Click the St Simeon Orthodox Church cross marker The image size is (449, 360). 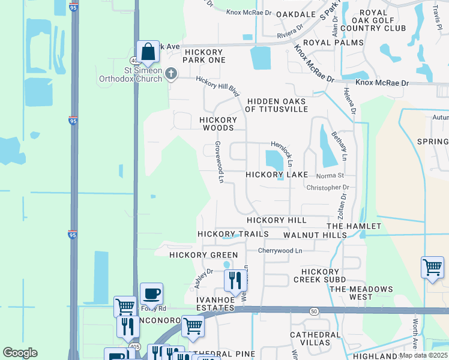click(171, 74)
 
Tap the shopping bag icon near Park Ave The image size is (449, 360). click(148, 52)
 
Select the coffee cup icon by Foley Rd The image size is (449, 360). click(151, 294)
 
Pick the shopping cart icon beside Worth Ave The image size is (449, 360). click(432, 267)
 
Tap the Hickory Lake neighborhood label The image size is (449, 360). click(276, 175)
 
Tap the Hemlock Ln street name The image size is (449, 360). click(282, 154)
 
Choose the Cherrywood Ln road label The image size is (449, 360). click(280, 250)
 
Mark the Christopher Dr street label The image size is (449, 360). click(328, 188)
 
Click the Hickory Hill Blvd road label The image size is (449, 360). click(218, 86)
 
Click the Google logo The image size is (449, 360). click(20, 353)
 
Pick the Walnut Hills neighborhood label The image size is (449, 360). click(315, 235)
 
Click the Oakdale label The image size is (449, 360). click(296, 14)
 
